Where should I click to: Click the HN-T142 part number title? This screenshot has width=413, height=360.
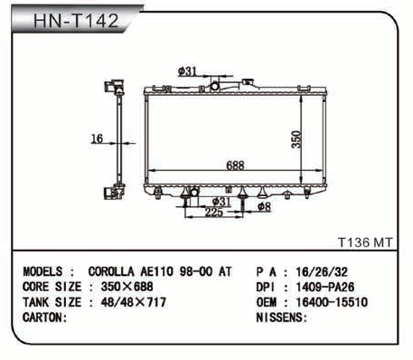76,21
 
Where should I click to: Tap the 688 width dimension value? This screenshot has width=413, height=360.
235,166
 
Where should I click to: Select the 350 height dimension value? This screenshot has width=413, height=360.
296,139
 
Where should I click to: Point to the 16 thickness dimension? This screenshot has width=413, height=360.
97,138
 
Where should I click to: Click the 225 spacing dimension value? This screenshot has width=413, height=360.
214,213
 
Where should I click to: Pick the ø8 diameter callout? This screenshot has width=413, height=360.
264,206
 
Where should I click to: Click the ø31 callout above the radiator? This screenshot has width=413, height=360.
187,71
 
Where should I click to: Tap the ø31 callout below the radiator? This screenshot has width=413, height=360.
221,202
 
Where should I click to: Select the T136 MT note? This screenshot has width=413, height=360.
365,242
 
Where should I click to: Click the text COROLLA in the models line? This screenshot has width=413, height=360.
111,271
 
